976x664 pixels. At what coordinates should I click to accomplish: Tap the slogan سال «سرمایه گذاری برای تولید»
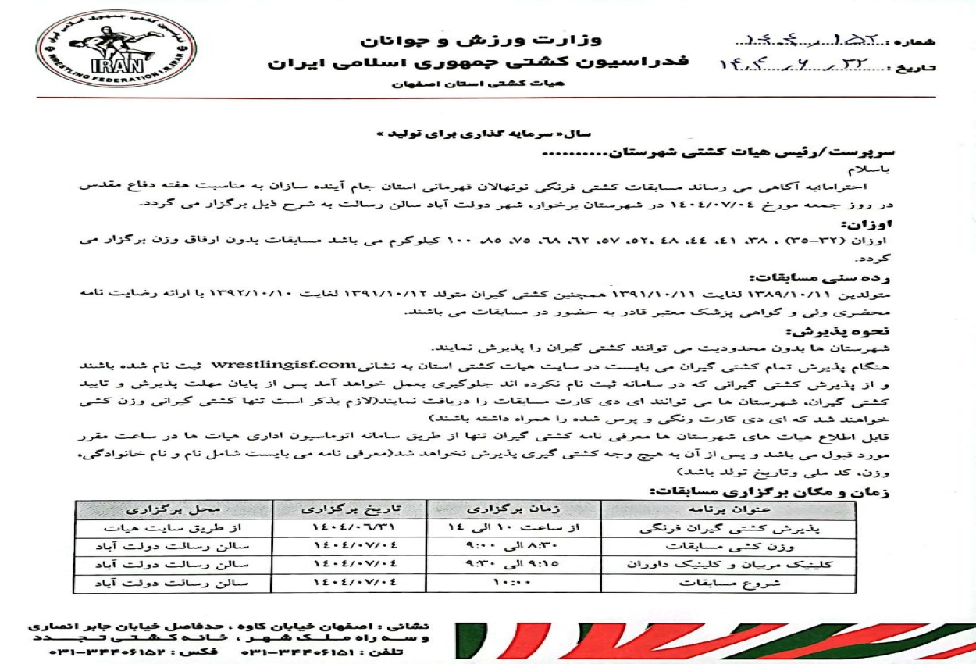point(451,134)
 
